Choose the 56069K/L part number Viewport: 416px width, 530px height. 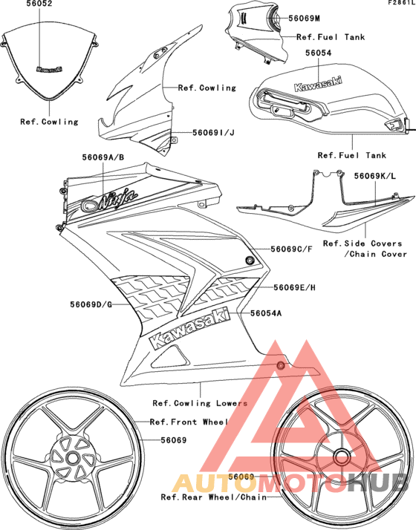[377, 176]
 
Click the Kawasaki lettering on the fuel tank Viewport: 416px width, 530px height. [319, 86]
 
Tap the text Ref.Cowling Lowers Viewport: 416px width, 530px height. [200, 403]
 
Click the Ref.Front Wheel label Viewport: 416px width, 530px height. [189, 422]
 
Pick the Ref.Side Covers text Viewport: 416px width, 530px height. [363, 243]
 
